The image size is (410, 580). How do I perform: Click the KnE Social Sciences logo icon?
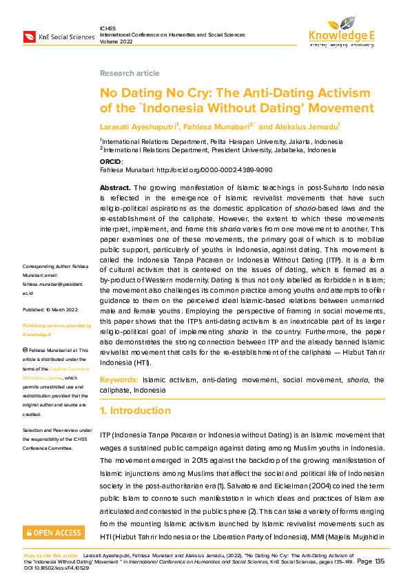pos(30,37)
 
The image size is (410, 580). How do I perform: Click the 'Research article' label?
pos(130,73)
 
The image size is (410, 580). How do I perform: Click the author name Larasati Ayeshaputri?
pos(139,127)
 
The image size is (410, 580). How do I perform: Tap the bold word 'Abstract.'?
pos(114,187)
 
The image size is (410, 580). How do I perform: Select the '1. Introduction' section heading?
pos(135,411)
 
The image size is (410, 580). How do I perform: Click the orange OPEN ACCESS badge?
pos(53,532)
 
